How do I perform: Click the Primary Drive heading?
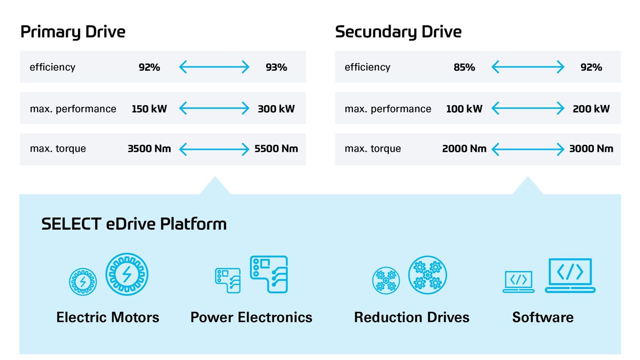pyautogui.click(x=73, y=32)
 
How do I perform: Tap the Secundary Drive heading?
pyautogui.click(x=398, y=32)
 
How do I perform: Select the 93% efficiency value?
pyautogui.click(x=276, y=67)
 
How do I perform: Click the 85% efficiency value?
pyautogui.click(x=464, y=67)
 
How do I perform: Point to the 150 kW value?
pyautogui.click(x=149, y=109)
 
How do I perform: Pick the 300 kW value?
pyautogui.click(x=276, y=109)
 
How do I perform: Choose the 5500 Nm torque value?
pyautogui.click(x=276, y=149)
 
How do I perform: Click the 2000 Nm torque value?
pyautogui.click(x=464, y=149)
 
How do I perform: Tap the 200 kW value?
pyautogui.click(x=591, y=109)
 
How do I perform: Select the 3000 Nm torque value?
pyautogui.click(x=591, y=149)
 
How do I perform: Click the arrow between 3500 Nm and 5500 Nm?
pyautogui.click(x=214, y=149)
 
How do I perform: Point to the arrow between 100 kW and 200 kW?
pyautogui.click(x=528, y=108)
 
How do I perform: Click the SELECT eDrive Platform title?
pyautogui.click(x=134, y=224)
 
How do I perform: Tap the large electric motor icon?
pyautogui.click(x=127, y=274)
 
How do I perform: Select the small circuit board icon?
pyautogui.click(x=228, y=280)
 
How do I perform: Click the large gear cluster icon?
pyautogui.click(x=427, y=275)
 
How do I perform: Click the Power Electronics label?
pyautogui.click(x=251, y=317)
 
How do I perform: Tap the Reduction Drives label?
pyautogui.click(x=412, y=317)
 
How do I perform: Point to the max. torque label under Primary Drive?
pyautogui.click(x=58, y=149)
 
